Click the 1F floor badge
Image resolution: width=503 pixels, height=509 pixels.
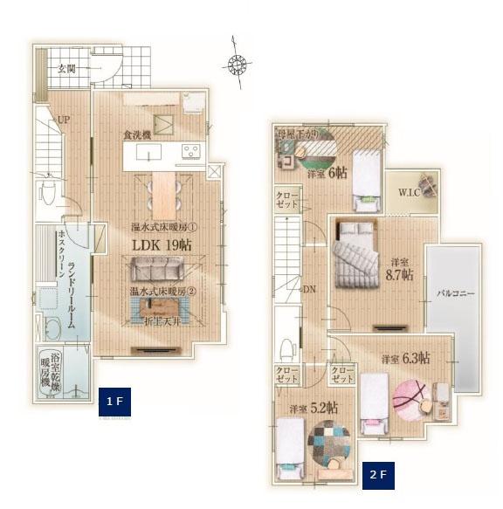coord(114,401)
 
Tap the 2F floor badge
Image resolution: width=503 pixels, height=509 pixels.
coord(378,476)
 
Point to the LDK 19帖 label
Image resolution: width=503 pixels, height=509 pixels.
coord(162,244)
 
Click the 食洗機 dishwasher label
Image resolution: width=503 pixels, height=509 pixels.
coord(138,135)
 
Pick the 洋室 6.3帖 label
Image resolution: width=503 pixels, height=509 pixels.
coord(402,358)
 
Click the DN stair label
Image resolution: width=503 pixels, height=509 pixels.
coord(309,289)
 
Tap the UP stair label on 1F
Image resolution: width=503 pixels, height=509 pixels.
coord(64,120)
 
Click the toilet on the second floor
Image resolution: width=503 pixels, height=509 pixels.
coord(287,350)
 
